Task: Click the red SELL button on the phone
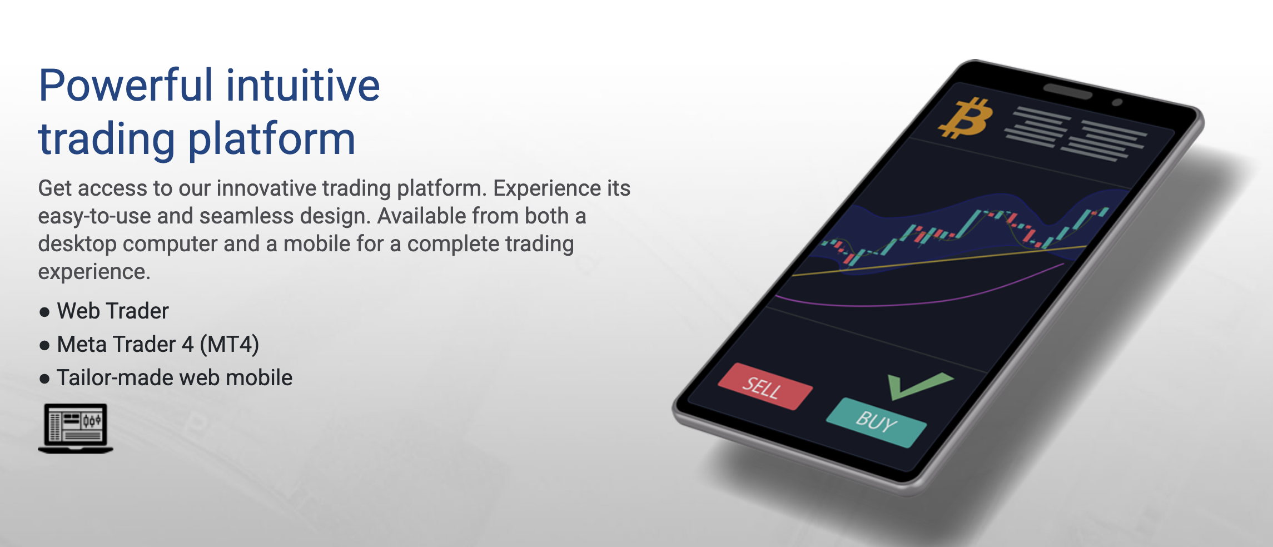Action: pos(765,387)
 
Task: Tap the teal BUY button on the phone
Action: pos(876,422)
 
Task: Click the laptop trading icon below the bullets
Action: pos(76,428)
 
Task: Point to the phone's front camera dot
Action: pos(1117,102)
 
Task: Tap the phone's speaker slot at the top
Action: pos(1067,91)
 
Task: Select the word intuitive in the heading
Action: pos(303,86)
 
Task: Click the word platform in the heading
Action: pos(272,139)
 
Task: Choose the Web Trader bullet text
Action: pos(113,311)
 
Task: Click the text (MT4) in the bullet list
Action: pos(230,345)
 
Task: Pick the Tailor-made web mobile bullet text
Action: pos(175,378)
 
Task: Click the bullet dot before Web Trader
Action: pos(44,312)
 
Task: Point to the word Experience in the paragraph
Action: pos(547,188)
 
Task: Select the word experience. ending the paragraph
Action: pos(94,272)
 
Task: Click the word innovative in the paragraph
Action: pos(266,188)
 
